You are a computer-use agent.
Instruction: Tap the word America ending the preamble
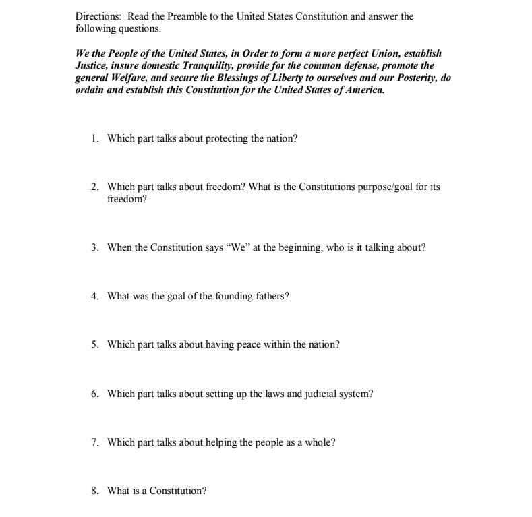click(364, 90)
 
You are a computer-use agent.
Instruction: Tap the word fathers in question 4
click(271, 296)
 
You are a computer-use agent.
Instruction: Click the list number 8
click(95, 491)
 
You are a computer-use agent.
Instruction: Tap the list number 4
click(95, 296)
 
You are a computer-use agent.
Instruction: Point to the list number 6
click(95, 394)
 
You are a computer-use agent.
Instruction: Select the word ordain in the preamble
click(90, 90)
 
